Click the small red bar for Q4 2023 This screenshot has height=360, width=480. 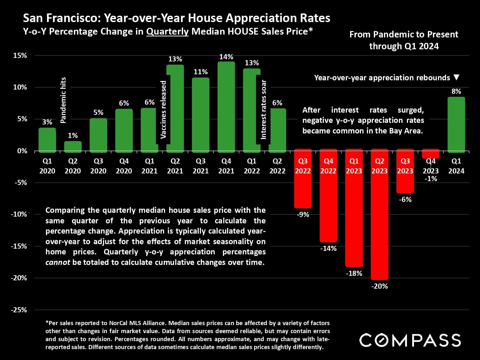coord(431,154)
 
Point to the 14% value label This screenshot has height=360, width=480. coord(226,57)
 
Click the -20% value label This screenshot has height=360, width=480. coord(380,286)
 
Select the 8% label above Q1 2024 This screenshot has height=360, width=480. coord(456,91)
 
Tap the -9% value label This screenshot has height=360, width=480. coord(303,214)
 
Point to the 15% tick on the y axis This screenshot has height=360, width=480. coord(20,55)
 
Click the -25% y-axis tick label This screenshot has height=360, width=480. coord(19,310)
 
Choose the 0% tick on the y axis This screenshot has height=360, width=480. coord(22,151)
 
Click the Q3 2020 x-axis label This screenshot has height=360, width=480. coord(98,166)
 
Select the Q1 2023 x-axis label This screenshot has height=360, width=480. coord(354,166)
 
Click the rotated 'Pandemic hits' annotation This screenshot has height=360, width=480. coord(63,100)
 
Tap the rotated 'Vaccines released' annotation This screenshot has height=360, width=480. coord(163,109)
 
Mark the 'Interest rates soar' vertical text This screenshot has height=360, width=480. coord(263,109)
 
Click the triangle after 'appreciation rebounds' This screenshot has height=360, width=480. coord(457,77)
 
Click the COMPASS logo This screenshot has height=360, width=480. coord(410,340)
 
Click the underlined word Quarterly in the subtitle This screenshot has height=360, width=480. coord(167,31)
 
